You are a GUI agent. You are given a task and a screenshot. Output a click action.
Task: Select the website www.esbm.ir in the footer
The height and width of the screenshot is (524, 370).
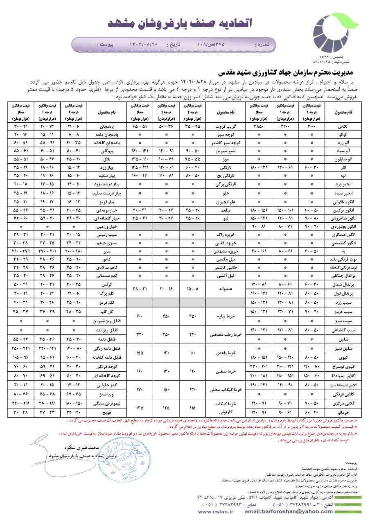(214, 512)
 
